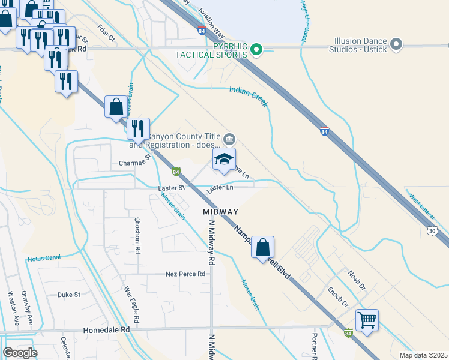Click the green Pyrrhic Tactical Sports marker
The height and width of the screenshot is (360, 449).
(257, 49)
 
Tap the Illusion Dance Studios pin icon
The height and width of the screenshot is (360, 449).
(396, 44)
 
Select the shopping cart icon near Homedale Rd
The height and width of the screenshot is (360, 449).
(367, 319)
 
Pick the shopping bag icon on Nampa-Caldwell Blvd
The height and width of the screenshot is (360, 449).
(262, 247)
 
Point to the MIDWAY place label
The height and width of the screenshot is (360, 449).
(220, 212)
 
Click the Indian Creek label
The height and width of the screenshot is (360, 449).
(248, 97)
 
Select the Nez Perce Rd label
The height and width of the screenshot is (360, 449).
(185, 274)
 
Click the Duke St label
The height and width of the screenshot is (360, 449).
(68, 295)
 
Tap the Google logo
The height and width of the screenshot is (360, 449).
(20, 353)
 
